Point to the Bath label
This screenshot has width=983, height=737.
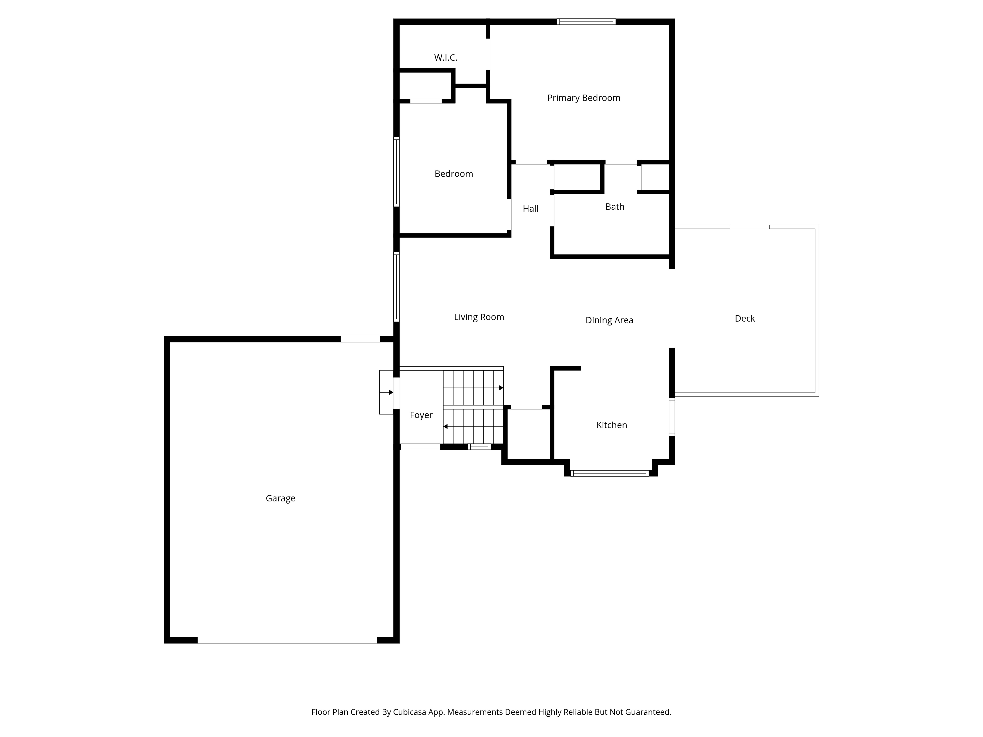(615, 207)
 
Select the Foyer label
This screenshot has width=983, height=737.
(421, 415)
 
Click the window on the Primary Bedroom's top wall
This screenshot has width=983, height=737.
(586, 21)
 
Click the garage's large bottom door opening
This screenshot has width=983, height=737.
(287, 640)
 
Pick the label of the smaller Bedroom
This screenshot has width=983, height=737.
(454, 174)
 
